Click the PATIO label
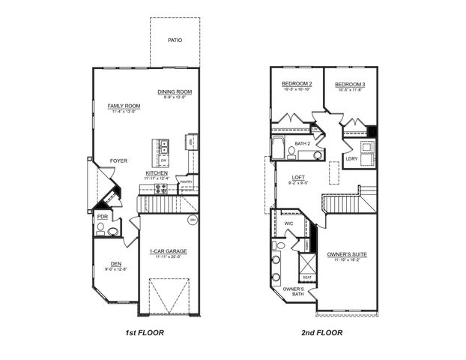(175, 40)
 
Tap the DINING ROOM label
(175, 92)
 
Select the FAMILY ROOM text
(124, 106)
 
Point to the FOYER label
(118, 160)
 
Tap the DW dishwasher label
(163, 160)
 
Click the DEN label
(116, 263)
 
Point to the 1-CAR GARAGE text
(168, 251)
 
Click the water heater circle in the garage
(192, 220)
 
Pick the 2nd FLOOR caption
(322, 331)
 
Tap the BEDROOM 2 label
(297, 83)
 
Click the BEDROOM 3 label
(349, 84)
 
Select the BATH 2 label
(302, 143)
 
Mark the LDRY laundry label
(351, 158)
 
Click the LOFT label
(299, 177)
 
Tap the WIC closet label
(288, 223)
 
